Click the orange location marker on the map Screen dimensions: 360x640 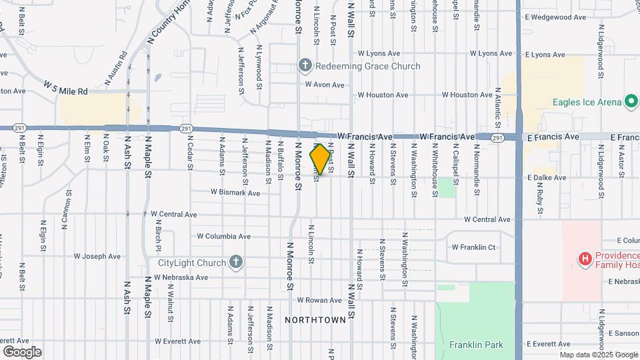320,159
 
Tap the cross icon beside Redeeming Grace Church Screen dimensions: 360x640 305,66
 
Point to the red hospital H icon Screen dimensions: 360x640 585,258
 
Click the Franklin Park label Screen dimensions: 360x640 476,345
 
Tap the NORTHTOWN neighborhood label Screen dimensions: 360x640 315,320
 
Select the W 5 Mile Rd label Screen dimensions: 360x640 66,89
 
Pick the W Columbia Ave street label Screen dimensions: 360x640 223,236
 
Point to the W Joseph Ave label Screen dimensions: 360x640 97,255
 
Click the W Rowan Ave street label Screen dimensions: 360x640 319,301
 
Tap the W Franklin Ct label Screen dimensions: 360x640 473,247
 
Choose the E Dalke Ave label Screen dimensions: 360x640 546,178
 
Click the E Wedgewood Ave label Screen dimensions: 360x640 555,17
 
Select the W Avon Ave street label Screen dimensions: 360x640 325,85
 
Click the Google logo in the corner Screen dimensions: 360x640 22,352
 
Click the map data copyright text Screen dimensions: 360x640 598,355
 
